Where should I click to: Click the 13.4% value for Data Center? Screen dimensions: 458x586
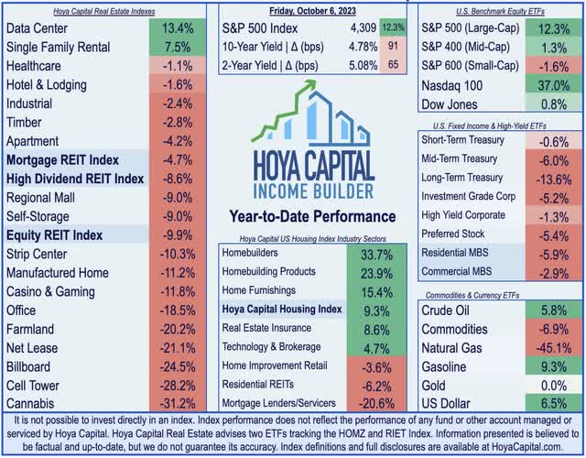178,28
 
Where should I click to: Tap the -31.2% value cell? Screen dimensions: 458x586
178,404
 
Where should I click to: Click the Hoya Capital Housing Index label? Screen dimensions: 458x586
283,309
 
